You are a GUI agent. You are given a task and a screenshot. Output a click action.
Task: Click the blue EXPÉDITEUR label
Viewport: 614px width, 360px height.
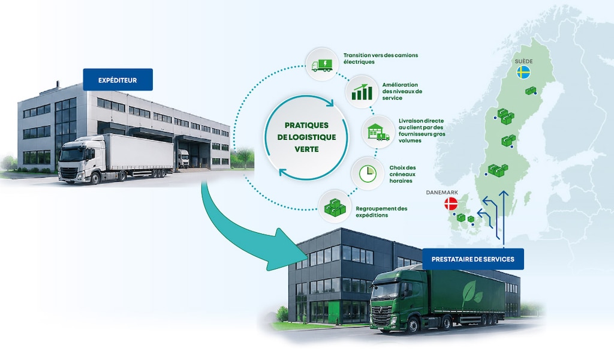tap(118, 80)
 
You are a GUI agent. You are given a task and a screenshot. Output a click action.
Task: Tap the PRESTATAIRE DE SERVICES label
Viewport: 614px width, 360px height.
tap(472, 259)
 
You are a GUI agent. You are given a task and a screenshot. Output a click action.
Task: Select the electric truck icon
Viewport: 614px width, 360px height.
tap(322, 65)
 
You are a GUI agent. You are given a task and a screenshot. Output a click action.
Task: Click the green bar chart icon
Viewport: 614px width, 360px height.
tap(362, 92)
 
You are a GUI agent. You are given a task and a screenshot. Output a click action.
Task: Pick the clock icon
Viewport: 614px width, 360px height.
tap(368, 173)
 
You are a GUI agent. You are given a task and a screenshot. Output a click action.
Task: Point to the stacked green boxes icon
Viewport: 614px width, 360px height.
tap(335, 207)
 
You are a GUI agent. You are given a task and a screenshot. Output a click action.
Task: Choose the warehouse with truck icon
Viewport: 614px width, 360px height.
tap(378, 132)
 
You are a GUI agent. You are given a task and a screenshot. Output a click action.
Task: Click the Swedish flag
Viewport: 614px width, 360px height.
tap(523, 73)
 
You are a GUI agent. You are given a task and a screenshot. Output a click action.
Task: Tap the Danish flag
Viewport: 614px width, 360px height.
tap(451, 203)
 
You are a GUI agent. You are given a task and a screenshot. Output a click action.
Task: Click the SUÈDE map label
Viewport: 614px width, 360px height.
tap(523, 61)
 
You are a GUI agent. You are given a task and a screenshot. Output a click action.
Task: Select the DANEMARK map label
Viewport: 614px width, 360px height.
tap(442, 193)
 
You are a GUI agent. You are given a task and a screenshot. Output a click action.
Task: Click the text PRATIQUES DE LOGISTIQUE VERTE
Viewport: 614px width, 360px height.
tap(306, 137)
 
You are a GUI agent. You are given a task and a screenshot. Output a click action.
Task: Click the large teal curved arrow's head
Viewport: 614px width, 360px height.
tap(287, 250)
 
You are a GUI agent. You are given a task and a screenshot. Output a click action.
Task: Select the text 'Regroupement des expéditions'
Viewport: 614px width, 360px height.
tap(381, 212)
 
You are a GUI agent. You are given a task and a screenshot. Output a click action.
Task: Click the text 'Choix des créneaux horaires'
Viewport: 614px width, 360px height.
tap(402, 175)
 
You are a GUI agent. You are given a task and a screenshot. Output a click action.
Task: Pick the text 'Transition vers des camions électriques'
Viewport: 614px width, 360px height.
tap(381, 58)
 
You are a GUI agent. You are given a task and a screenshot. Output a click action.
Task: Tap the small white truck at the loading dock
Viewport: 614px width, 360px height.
tap(183, 158)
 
